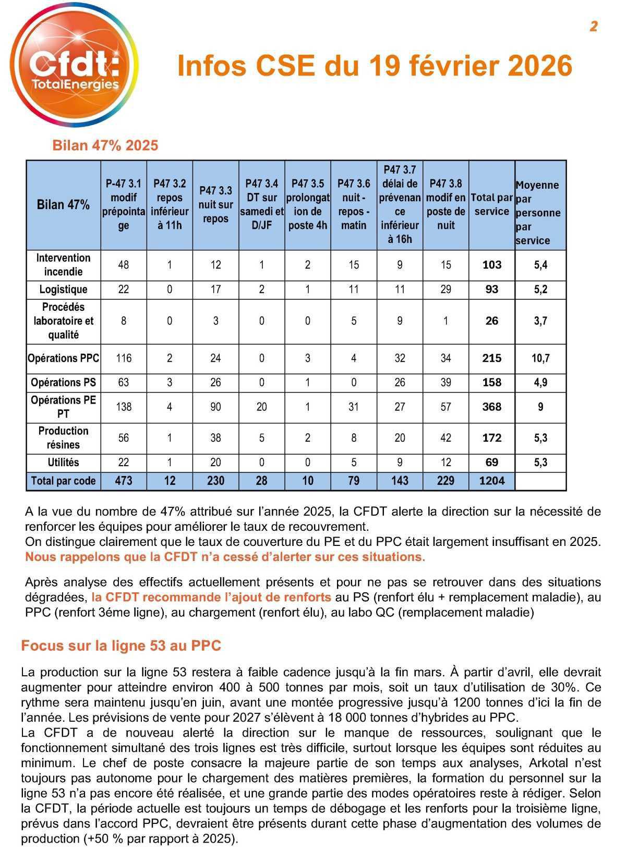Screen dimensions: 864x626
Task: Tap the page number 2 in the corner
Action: pos(594,27)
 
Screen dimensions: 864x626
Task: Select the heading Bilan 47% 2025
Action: pos(105,145)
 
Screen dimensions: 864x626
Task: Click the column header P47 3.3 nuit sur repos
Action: pos(215,204)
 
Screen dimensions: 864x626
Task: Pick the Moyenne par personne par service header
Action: pos(539,212)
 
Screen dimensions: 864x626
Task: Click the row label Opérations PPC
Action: pos(63,358)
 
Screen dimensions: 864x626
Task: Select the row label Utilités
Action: pos(63,463)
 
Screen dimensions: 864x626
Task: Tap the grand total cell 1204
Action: pos(491,481)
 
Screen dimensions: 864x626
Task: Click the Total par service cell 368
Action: pos(491,407)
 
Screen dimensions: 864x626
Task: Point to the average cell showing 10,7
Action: pos(540,358)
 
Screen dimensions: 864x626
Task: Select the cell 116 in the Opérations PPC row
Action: pos(124,358)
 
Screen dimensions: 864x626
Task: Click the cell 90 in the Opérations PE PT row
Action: pos(215,407)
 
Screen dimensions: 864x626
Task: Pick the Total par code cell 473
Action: pos(124,481)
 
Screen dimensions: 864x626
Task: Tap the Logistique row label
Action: pos(63,289)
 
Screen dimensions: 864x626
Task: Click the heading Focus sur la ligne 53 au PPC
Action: pos(121,646)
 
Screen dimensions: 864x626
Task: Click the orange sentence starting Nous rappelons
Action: pos(225,557)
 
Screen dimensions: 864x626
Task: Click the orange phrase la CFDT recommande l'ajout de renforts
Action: pos(211,597)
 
